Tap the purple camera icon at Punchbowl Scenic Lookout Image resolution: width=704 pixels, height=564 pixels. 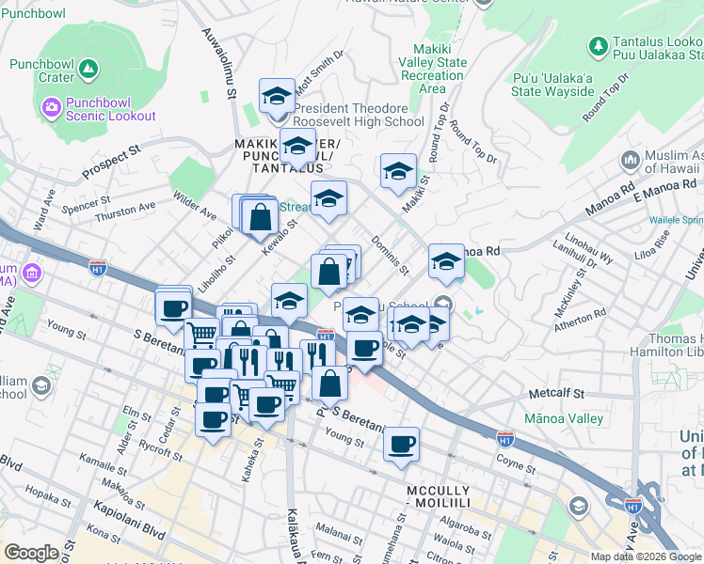coord(51,105)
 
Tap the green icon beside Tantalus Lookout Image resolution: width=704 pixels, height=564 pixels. coord(597,45)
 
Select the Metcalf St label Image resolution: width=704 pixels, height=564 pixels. coord(556,394)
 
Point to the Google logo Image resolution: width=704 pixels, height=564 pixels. coord(31,554)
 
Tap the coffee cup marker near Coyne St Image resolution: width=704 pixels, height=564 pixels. coord(402,444)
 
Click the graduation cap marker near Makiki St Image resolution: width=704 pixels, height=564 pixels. coord(398,173)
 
